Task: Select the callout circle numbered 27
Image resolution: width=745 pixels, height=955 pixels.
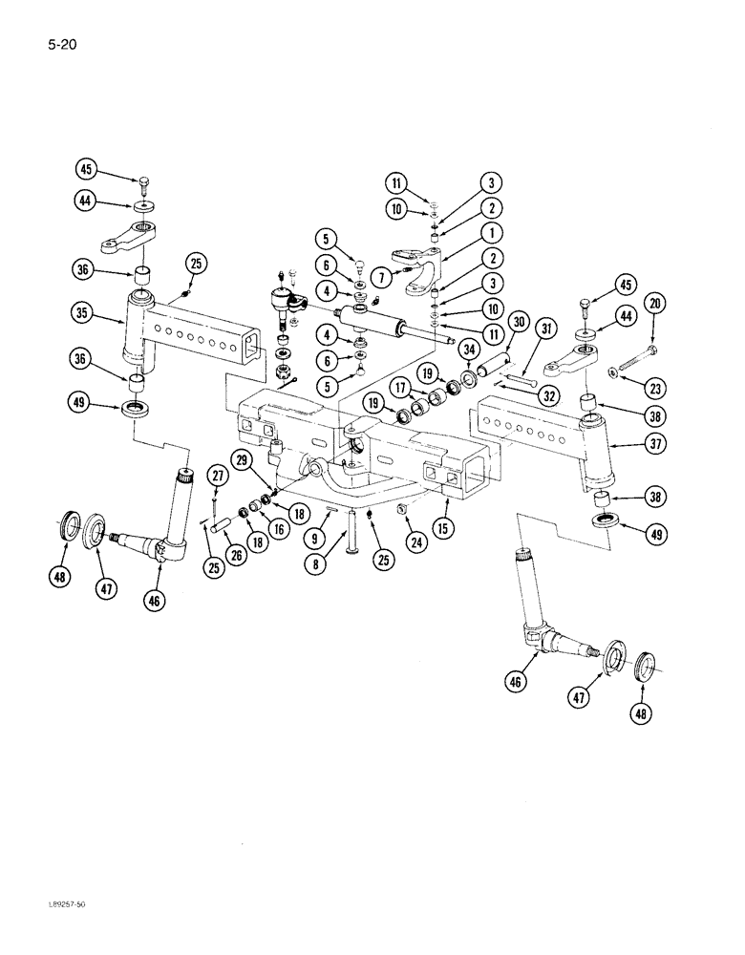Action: coord(218,477)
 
